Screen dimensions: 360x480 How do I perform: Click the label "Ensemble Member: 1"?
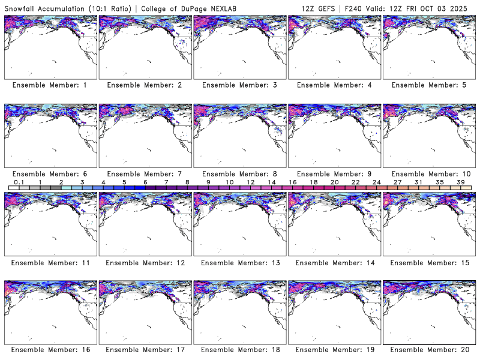[x=49, y=85]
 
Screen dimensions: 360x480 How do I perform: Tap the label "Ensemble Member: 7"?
[x=144, y=173]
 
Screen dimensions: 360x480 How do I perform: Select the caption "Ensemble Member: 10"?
[x=428, y=173]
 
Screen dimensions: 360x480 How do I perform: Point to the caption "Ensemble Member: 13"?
[x=239, y=262]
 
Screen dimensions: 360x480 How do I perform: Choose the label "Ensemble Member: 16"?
[x=49, y=349]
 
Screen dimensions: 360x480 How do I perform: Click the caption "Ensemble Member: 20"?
[x=428, y=349]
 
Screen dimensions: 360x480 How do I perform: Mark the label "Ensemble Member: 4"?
[x=334, y=85]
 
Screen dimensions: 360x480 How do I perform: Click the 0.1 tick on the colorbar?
[x=19, y=182]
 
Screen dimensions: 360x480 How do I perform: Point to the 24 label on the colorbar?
[x=376, y=182]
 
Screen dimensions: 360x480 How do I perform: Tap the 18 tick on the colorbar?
[x=313, y=182]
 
